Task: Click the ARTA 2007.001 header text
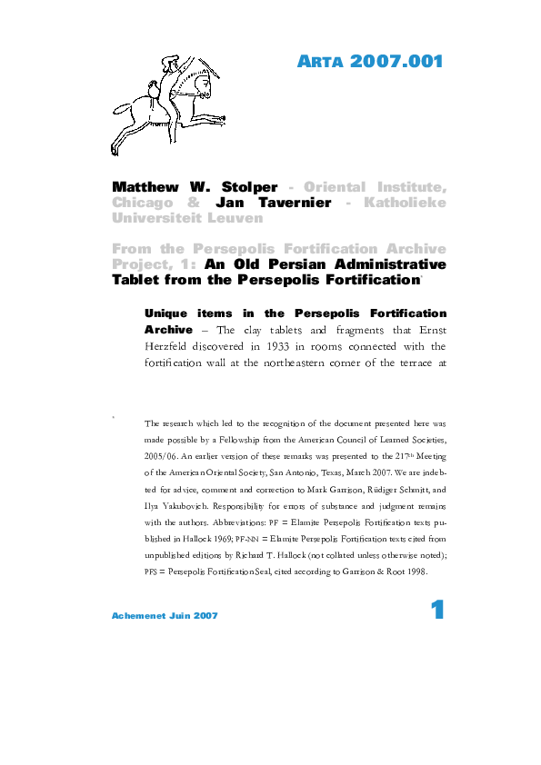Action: (370, 63)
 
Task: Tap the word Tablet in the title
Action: (137, 280)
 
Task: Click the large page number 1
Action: (437, 611)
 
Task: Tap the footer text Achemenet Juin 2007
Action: (165, 616)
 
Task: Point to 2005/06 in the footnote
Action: (164, 456)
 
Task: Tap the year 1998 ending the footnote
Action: (411, 571)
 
